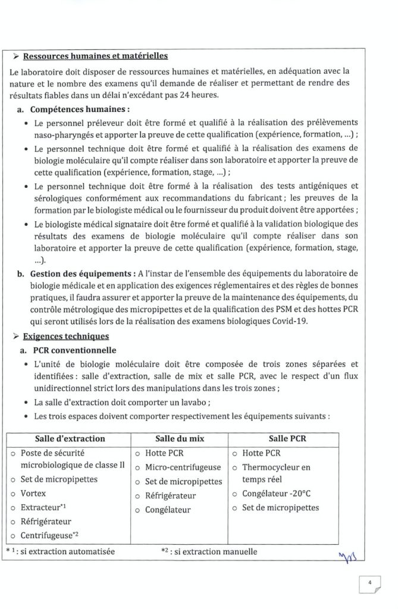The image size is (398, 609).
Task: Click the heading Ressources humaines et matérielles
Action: pos(95,57)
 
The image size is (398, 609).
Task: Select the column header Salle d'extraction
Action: pos(70,439)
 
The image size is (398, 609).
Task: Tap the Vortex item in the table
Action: pos(33,494)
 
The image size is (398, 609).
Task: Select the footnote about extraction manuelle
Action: pos(209,551)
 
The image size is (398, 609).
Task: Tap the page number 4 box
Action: pos(369,583)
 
